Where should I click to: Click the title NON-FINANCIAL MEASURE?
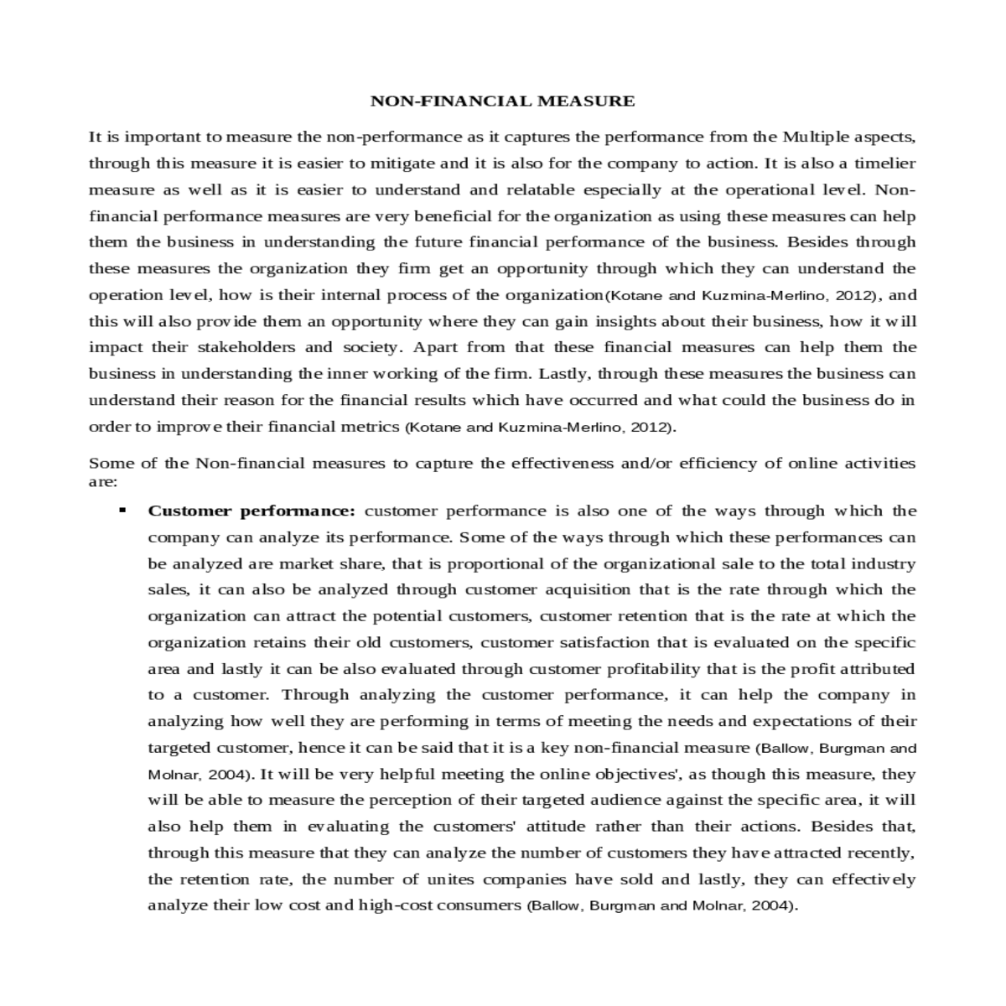(x=503, y=101)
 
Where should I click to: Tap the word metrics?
(x=370, y=427)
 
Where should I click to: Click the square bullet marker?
(x=123, y=510)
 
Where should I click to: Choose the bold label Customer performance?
(x=252, y=511)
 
